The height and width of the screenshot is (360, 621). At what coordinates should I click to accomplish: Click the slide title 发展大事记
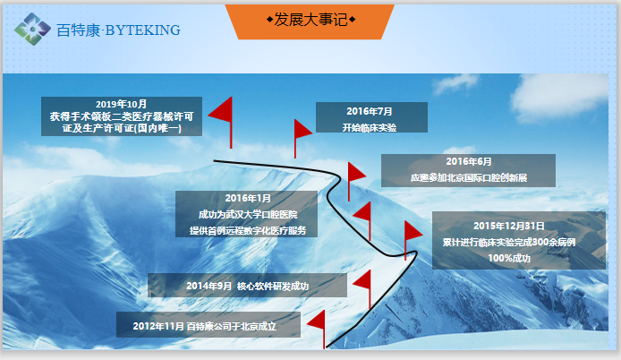coord(310,20)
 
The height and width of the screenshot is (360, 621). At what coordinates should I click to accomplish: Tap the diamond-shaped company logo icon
coord(32,29)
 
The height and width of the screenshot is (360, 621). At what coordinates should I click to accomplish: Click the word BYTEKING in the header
coord(143,30)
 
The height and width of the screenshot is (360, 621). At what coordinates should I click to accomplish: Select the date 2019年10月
coord(121,104)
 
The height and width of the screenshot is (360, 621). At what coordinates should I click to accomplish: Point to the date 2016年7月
coord(370,111)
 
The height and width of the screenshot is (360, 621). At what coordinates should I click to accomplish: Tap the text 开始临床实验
coord(370,128)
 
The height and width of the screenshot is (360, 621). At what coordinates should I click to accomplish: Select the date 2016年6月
coord(469,161)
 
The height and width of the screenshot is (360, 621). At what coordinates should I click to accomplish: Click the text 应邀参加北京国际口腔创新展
coord(469,177)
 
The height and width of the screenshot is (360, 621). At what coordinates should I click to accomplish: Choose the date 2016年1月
coord(248,198)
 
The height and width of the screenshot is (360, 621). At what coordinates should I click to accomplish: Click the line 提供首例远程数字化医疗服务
coord(248,230)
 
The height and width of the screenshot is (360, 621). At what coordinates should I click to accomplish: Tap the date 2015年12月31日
coord(509,226)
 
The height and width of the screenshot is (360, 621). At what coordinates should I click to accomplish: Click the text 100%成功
coord(509,258)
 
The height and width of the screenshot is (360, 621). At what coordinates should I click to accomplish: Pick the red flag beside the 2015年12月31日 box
coord(413,240)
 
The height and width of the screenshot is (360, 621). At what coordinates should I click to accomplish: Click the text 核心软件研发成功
coord(273,286)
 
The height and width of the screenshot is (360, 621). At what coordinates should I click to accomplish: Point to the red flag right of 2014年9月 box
coord(362,289)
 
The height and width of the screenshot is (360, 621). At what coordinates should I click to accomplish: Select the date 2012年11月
coord(158,326)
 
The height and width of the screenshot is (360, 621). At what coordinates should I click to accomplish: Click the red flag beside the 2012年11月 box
coord(316,330)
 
